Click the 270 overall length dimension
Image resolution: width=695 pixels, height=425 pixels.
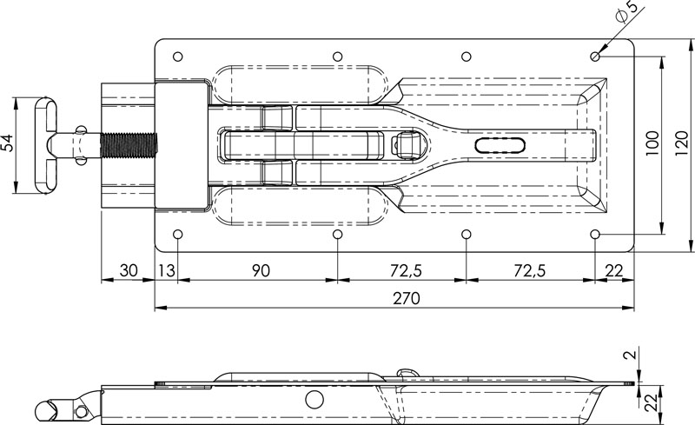click(406, 299)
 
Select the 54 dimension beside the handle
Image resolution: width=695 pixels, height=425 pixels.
click(8, 144)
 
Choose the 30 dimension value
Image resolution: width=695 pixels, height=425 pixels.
click(128, 271)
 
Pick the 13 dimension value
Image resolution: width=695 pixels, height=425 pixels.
click(167, 271)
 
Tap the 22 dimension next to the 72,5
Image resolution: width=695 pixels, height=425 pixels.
click(614, 271)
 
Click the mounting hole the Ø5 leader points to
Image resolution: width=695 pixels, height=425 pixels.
click(595, 56)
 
